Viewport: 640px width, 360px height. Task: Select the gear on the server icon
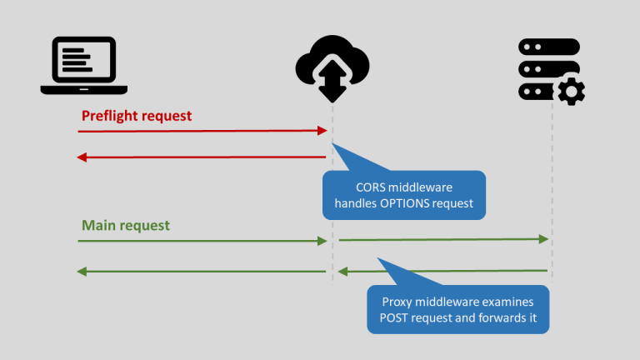pos(571,91)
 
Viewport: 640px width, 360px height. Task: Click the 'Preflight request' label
pos(136,115)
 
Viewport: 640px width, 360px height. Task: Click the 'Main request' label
pos(125,226)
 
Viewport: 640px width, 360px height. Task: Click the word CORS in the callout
pos(372,187)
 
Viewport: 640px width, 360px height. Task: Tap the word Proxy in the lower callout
pos(398,302)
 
